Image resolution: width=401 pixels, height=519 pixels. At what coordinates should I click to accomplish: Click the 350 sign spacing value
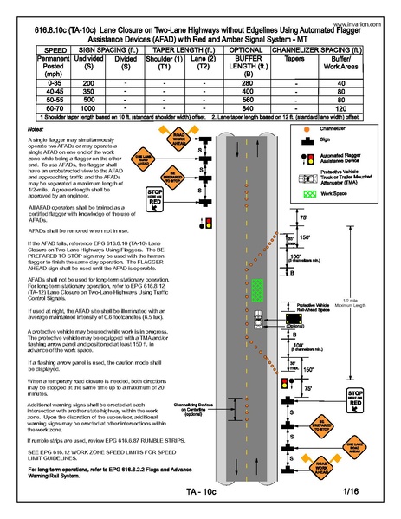(88, 90)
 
